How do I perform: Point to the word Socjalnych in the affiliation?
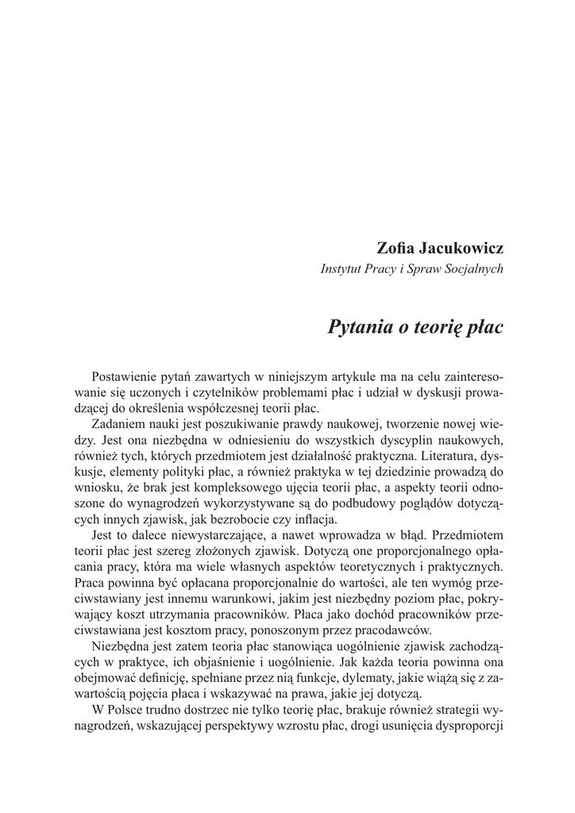pos(475,268)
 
